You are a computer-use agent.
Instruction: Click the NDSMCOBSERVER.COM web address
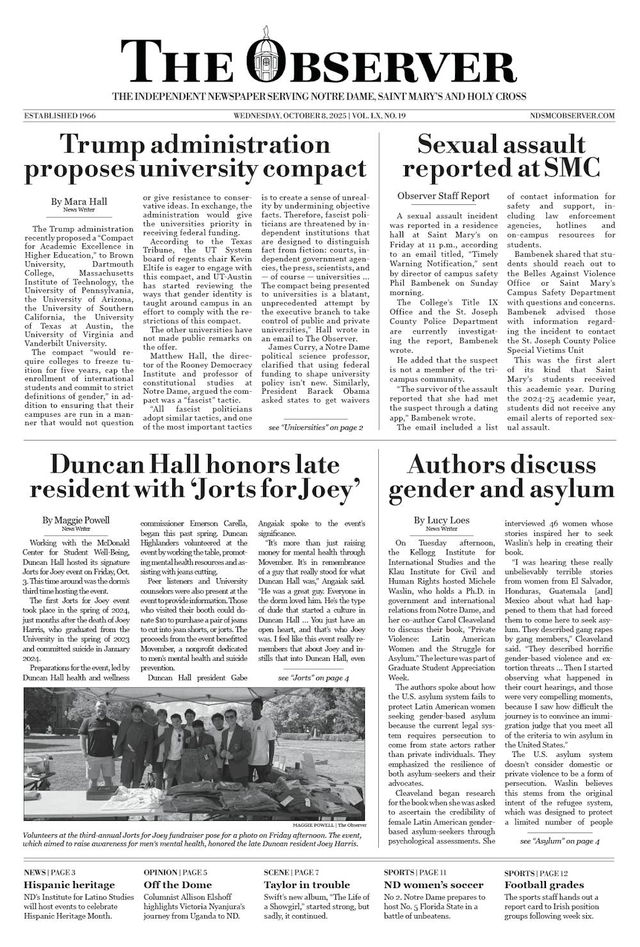pos(572,116)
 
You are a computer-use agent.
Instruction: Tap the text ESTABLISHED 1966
pos(60,116)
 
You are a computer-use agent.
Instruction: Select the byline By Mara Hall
pos(79,202)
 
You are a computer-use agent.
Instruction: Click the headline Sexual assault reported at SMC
pos(500,156)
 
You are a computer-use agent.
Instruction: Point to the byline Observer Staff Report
pos(443,196)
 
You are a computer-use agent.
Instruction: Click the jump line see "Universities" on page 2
pos(316,427)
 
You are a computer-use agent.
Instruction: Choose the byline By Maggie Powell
pos(76,520)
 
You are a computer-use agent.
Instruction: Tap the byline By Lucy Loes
pos(442,520)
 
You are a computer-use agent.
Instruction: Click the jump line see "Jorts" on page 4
pos(314,677)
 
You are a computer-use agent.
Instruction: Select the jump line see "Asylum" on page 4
pos(559,841)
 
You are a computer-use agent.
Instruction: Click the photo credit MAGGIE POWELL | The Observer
pos(330,825)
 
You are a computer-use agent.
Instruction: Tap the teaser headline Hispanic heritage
pos(69,885)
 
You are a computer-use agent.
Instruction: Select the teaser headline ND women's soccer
pos(424,885)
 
